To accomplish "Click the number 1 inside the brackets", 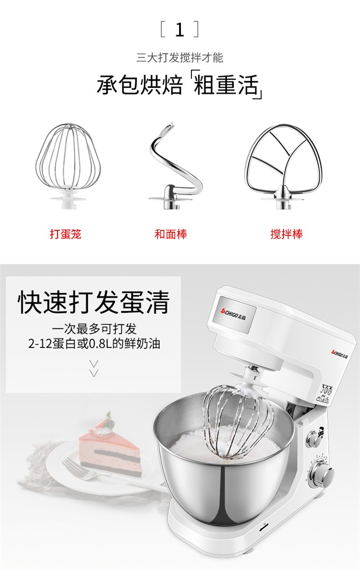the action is click(x=180, y=30).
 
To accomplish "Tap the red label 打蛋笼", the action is click(x=65, y=234).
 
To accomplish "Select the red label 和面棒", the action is click(x=170, y=234).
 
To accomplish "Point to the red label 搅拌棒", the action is click(x=287, y=234).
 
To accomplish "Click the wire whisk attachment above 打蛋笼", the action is click(x=68, y=166).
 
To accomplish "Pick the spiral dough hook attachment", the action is click(x=176, y=166).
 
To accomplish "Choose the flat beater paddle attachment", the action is click(x=283, y=166).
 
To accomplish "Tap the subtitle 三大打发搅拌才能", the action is click(x=180, y=57).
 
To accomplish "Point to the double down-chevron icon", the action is click(x=94, y=368).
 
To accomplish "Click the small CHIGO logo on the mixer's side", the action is click(x=339, y=354).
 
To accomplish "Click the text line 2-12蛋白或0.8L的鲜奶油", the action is click(x=94, y=344).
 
